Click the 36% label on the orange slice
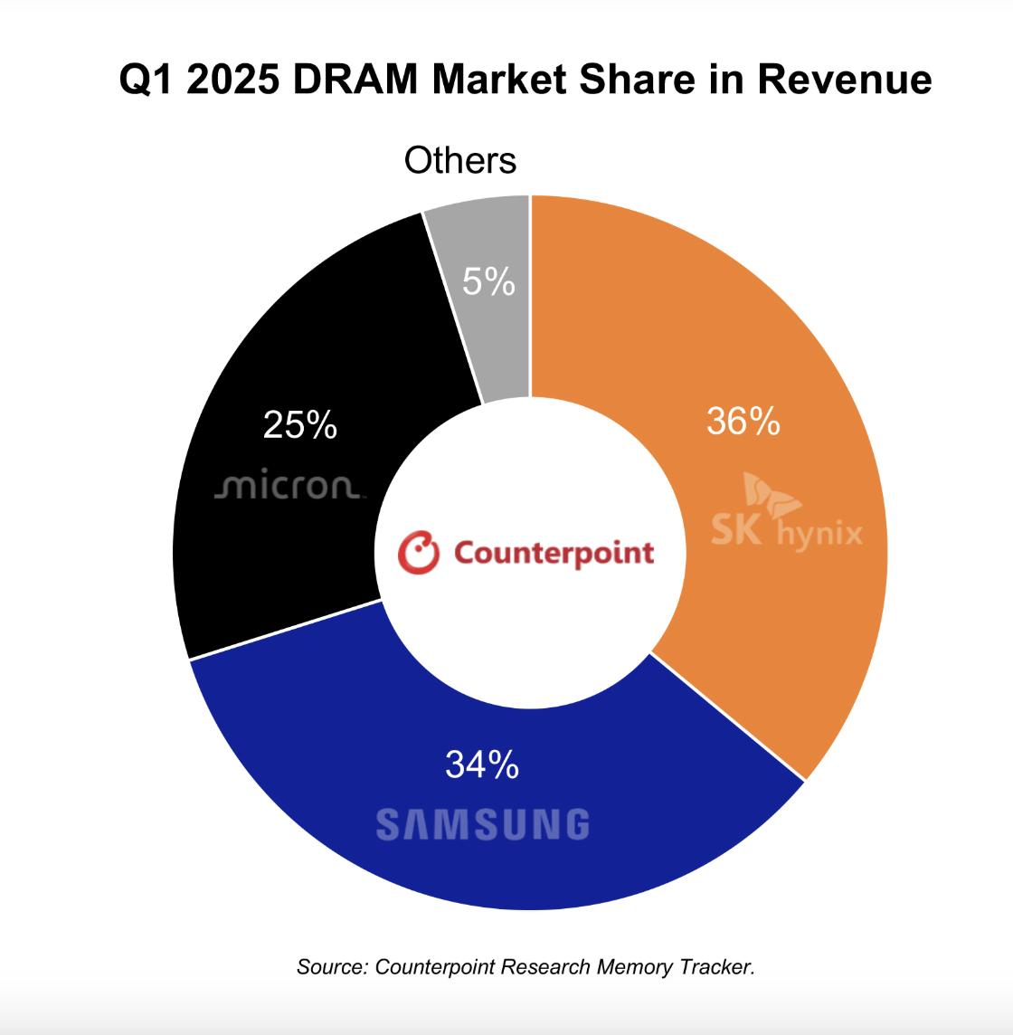click(x=743, y=422)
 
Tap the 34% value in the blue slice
click(x=482, y=765)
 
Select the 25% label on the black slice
click(x=300, y=424)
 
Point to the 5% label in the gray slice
click(x=488, y=282)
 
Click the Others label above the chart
click(x=460, y=161)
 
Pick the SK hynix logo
click(x=786, y=517)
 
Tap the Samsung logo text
click(x=482, y=825)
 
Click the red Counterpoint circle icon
click(x=419, y=553)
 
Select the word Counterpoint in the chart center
click(x=554, y=553)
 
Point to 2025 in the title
click(x=235, y=80)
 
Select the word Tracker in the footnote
click(x=715, y=967)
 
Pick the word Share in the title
click(x=635, y=80)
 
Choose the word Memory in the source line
click(x=634, y=967)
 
